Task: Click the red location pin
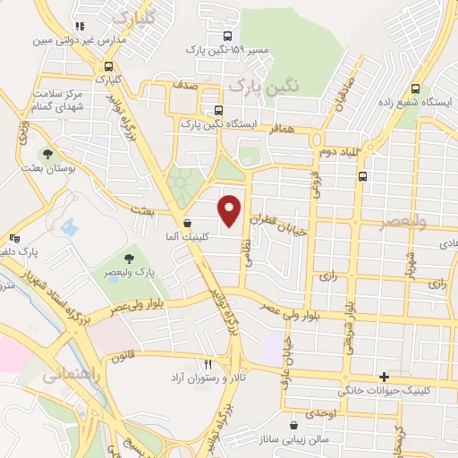point(230,209)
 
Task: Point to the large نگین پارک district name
point(261,86)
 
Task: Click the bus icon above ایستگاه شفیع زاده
point(415,89)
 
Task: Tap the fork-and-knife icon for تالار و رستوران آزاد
point(208,364)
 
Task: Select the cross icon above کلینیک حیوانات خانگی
point(385,377)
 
